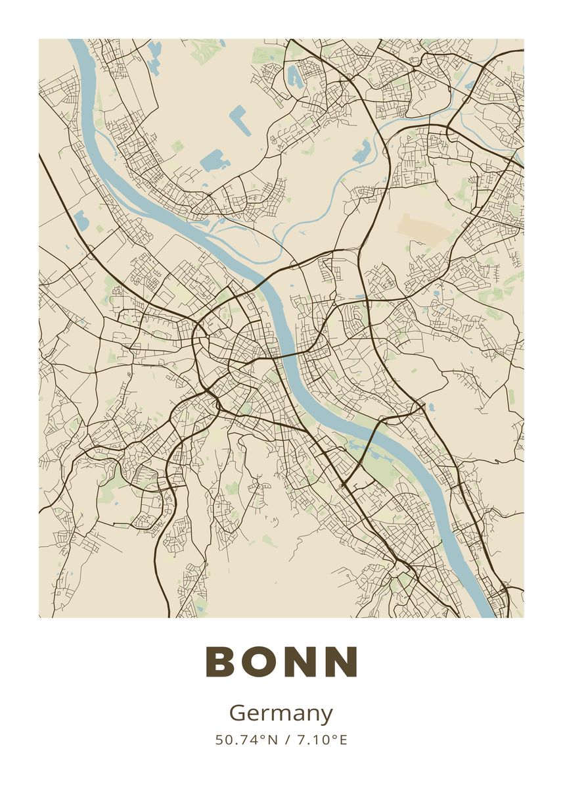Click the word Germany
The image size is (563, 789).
[x=281, y=714]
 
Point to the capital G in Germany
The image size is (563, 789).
[x=236, y=713]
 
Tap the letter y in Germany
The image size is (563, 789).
[x=327, y=717]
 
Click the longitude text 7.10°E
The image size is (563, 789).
[x=322, y=740]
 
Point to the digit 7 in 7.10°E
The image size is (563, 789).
[x=300, y=740]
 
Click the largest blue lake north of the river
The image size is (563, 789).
[x=212, y=160]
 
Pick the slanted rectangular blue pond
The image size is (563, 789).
[x=240, y=120]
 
